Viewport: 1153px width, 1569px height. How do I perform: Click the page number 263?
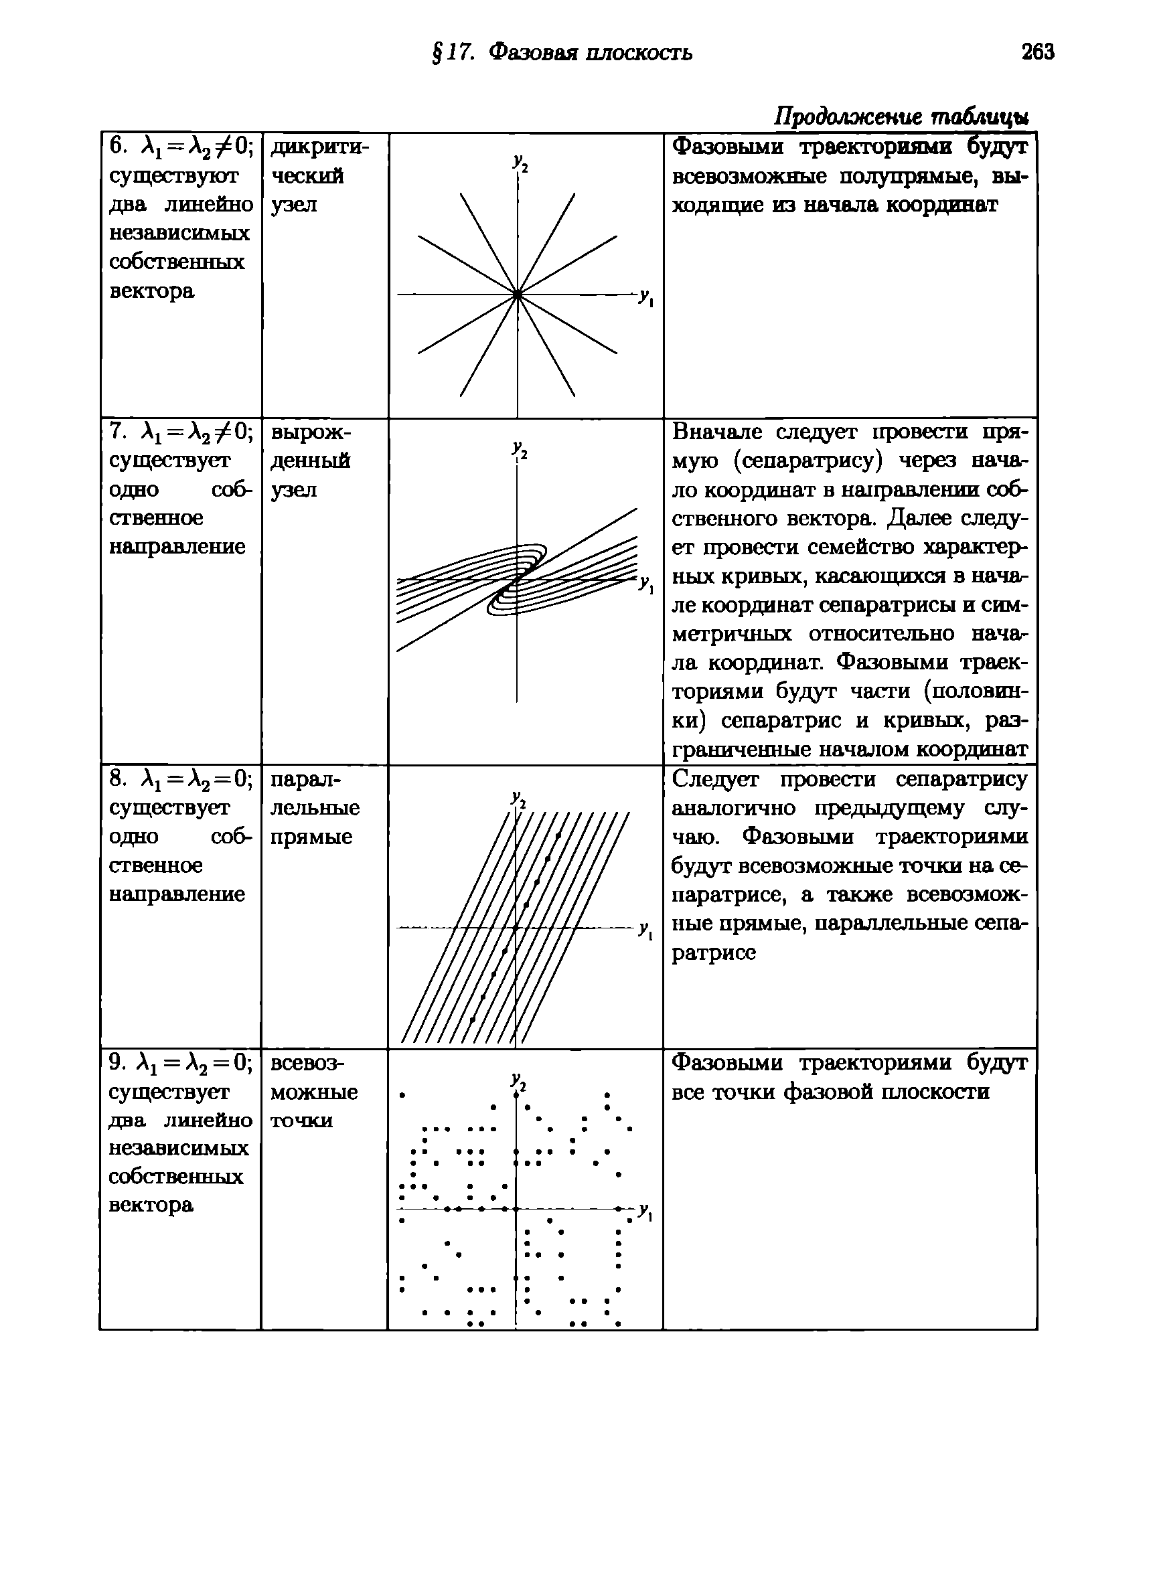[x=1038, y=52]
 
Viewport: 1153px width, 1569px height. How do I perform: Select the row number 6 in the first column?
[x=117, y=147]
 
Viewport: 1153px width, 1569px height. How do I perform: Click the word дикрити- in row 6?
[x=319, y=147]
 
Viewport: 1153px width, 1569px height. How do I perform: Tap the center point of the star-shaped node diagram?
[x=517, y=295]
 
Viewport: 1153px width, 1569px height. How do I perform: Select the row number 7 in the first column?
[x=116, y=432]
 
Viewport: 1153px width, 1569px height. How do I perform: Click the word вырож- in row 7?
[x=311, y=432]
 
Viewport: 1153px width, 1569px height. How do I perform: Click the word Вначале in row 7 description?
[x=718, y=432]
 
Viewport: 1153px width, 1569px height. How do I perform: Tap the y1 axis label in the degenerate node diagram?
[x=645, y=583]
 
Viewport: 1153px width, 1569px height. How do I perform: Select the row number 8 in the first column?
[x=116, y=778]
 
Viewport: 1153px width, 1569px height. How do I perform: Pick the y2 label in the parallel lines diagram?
[x=518, y=799]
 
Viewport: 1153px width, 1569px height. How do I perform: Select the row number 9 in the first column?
[x=116, y=1062]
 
